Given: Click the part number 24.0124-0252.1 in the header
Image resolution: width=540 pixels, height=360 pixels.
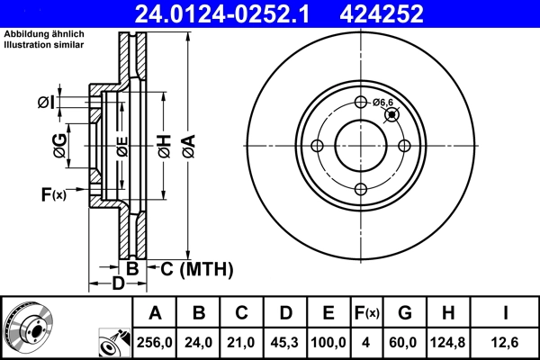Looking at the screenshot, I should (x=230, y=13).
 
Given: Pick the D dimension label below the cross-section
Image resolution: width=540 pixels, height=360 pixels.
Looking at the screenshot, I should (x=118, y=284).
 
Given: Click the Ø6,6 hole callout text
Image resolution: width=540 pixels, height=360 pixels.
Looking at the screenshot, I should (x=384, y=103).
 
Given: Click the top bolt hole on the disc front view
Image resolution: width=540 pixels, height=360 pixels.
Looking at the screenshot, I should (x=361, y=103).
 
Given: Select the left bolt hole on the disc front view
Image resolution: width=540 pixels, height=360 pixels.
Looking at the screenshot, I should (x=318, y=147).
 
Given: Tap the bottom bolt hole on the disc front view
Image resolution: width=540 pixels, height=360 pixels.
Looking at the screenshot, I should (x=361, y=189).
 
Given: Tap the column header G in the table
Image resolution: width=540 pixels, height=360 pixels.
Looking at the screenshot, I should (x=404, y=312).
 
